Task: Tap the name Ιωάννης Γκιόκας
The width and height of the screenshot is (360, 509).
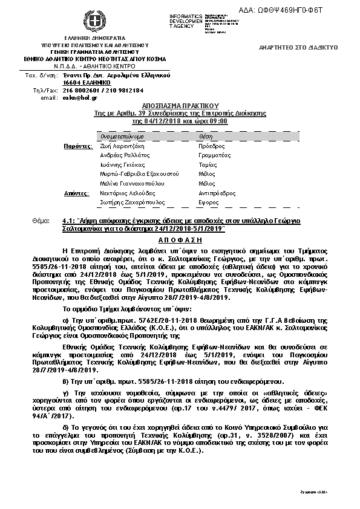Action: pos(123,164)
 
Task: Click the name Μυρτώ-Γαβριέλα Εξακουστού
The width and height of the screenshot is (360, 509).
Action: pos(137,173)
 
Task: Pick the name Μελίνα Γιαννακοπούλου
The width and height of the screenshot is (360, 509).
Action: pos(133,183)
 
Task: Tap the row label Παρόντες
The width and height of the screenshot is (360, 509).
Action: pos(79,146)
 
